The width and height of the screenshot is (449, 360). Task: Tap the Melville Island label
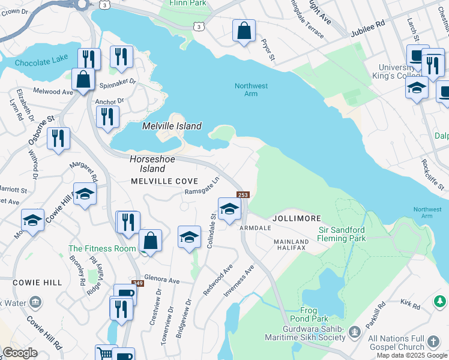(172, 127)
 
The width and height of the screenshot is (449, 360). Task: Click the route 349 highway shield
(138, 283)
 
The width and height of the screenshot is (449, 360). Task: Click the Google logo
(20, 353)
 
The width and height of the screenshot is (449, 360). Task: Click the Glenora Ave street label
(162, 280)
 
